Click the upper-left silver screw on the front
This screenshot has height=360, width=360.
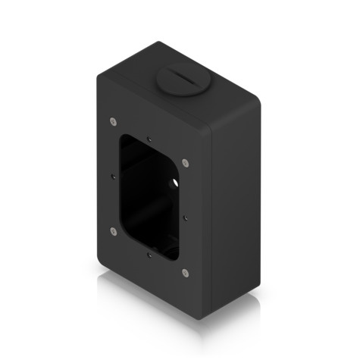pyautogui.click(x=113, y=119)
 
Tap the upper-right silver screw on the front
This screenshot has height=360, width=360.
pyautogui.click(x=186, y=161)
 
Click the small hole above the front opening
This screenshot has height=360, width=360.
pyautogui.click(x=150, y=139)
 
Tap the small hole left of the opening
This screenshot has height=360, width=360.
pyautogui.click(x=113, y=175)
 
